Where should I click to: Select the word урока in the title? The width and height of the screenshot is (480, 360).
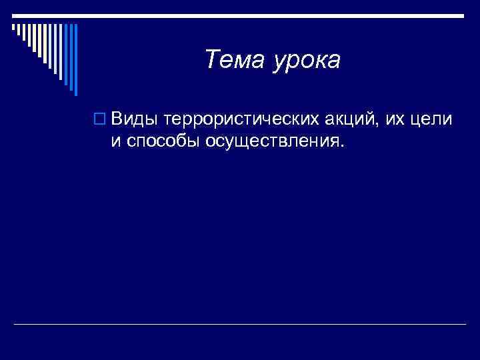(x=306, y=61)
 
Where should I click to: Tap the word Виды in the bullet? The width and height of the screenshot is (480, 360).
(x=135, y=119)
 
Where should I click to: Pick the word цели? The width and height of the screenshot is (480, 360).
(x=432, y=120)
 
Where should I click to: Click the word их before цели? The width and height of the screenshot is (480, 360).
(x=391, y=120)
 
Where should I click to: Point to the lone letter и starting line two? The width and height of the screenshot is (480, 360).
(x=115, y=141)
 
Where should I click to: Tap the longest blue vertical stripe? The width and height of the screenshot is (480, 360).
(x=76, y=60)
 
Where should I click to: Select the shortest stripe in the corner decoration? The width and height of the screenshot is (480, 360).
(x=13, y=28)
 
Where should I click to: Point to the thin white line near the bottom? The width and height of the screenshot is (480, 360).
(x=240, y=325)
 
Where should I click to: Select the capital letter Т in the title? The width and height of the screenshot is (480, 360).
(x=212, y=60)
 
